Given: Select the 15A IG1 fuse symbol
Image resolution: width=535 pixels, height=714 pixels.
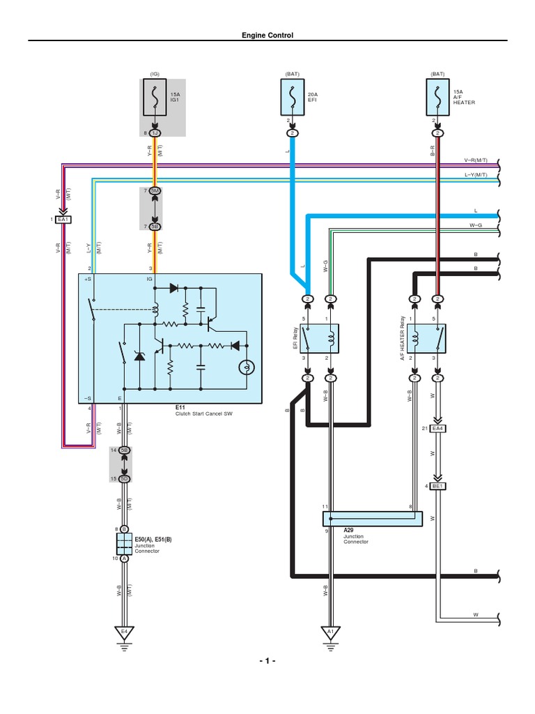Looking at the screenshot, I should [155, 98].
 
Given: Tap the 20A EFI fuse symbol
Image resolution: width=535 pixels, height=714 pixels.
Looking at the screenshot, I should [292, 98].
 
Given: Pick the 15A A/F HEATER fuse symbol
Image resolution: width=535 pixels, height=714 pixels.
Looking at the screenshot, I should [437, 98].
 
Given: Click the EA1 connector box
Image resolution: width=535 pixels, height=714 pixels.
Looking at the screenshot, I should [63, 220].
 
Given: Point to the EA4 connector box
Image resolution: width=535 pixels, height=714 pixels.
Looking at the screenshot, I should [437, 428].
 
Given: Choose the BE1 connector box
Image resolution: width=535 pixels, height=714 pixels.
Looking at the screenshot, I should [437, 485].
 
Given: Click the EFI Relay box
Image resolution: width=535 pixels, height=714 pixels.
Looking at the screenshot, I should [320, 339].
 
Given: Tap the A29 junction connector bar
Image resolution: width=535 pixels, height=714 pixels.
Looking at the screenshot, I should [372, 519].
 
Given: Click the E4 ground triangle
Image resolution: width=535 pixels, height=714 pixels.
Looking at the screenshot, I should [124, 632].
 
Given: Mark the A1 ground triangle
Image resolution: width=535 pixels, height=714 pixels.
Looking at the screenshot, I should [331, 632].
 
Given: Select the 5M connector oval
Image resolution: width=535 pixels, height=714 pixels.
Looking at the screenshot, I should [155, 191].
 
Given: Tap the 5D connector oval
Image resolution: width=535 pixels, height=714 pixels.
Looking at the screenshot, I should [124, 478].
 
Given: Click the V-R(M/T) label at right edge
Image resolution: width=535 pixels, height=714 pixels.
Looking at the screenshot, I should [479, 160].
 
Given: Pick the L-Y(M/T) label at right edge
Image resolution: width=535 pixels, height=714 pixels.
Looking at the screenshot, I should [479, 174].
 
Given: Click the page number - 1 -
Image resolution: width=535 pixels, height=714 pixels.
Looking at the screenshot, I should [267, 660].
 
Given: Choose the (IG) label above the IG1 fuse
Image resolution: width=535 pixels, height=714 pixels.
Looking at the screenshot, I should [155, 73].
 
